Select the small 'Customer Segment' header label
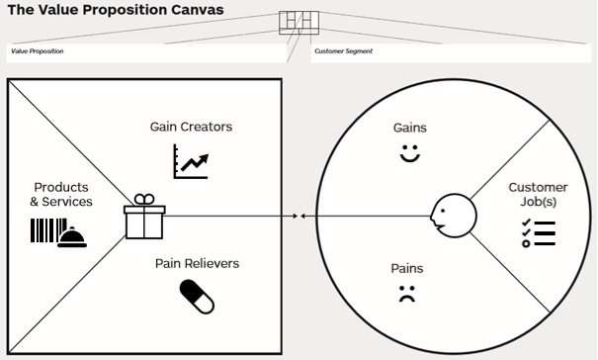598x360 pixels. click(x=343, y=50)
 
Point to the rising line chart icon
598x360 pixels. click(x=191, y=160)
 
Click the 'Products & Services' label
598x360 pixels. click(x=61, y=194)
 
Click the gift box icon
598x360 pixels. click(x=144, y=217)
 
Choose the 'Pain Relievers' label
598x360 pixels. click(x=197, y=263)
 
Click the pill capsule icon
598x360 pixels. click(x=197, y=296)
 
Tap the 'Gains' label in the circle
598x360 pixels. click(x=409, y=128)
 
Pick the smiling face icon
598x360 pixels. click(x=409, y=153)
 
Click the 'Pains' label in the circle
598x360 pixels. click(x=406, y=268)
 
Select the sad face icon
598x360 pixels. click(x=406, y=293)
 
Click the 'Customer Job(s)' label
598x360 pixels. click(x=538, y=194)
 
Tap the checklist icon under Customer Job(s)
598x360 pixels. click(x=538, y=233)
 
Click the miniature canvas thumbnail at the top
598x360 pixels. click(x=296, y=24)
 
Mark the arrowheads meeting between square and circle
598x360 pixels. click(x=299, y=215)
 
